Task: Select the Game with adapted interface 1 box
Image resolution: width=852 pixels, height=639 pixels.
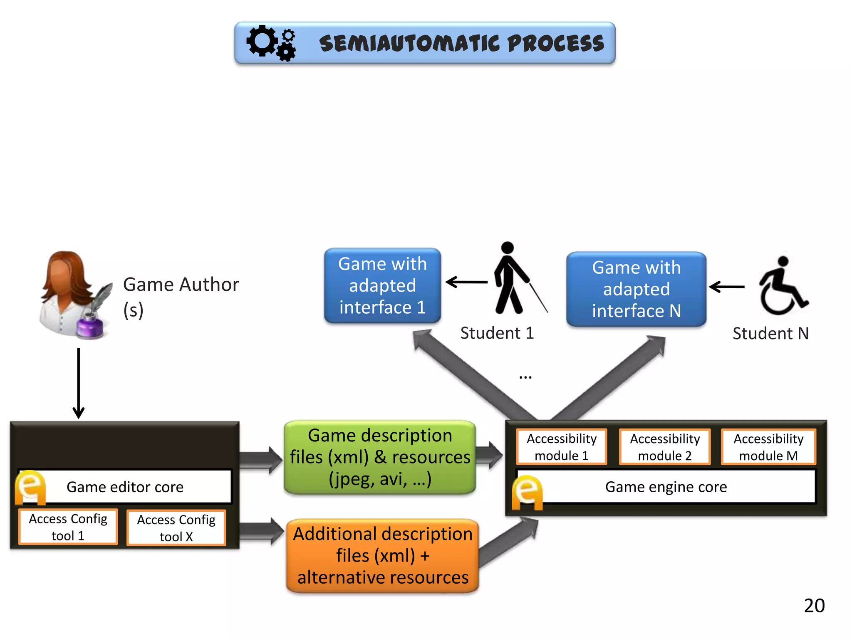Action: pos(382,286)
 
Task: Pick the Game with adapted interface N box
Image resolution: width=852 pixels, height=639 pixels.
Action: pos(636,289)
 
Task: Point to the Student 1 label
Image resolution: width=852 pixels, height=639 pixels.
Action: pos(497,333)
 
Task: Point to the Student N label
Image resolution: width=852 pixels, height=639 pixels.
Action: pos(770,334)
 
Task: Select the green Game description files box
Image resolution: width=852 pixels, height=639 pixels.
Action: pos(380,457)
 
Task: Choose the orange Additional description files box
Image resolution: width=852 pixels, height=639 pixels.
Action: pos(382,555)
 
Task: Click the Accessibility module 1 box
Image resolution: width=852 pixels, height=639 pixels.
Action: pos(561,447)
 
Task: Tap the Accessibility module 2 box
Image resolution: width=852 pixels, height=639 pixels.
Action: pos(664,447)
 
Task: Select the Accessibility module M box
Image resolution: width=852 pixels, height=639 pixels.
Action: pos(768,447)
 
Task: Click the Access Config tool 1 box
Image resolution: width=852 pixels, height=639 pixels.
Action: pos(68,527)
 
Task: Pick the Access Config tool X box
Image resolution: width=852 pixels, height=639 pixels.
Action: pos(176,528)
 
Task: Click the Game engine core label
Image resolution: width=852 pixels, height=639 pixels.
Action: pos(666,487)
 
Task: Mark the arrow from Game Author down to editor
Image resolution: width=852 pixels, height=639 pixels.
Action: pos(78,383)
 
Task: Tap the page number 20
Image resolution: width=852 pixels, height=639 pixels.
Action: pos(814,606)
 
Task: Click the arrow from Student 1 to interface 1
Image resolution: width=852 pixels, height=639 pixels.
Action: pos(466,282)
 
